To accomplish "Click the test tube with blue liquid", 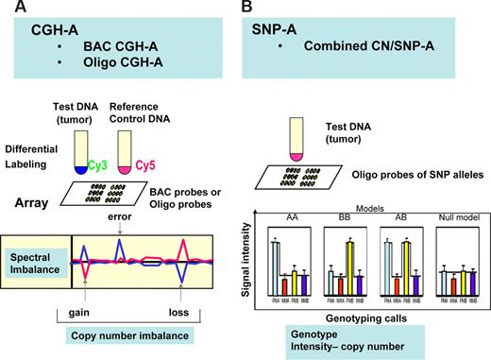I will pyautogui.click(x=81, y=156).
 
